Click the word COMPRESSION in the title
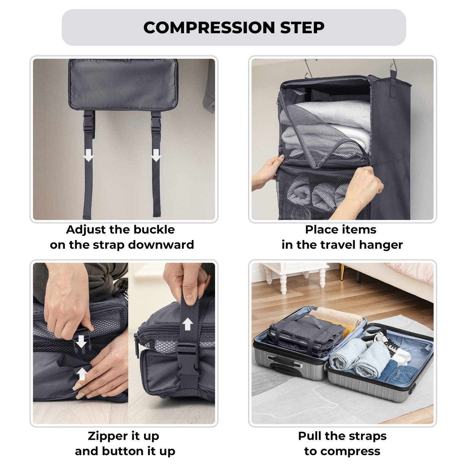coord(209,28)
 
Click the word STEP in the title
coord(302,28)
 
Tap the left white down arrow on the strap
coord(88,155)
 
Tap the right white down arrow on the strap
coord(156,155)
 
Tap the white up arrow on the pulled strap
coord(188,324)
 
